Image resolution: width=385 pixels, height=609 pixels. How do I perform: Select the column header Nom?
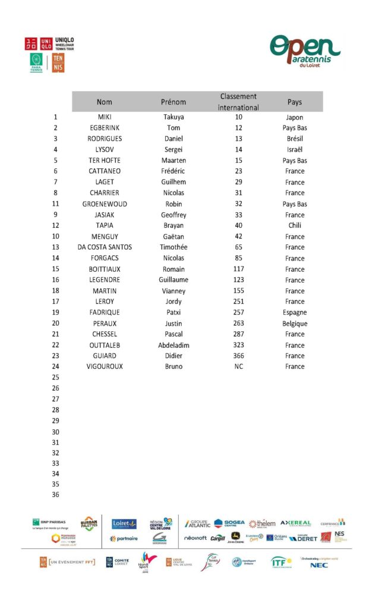[x=105, y=102]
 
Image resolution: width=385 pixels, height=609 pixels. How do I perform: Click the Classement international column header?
[x=238, y=102]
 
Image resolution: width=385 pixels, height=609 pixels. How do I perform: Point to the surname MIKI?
[x=105, y=117]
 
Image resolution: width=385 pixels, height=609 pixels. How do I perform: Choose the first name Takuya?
[x=173, y=117]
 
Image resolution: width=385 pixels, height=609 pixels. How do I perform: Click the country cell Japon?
[x=294, y=117]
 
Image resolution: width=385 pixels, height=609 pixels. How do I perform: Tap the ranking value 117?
[x=238, y=269]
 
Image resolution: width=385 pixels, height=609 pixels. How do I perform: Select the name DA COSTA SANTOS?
[x=105, y=247]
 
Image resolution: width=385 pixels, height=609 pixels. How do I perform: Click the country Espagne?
[x=294, y=312]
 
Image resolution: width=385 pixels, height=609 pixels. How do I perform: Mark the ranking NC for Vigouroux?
[x=238, y=366]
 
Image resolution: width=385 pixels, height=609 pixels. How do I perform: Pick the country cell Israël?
[x=294, y=150]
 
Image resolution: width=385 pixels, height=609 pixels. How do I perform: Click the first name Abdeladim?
[x=173, y=345]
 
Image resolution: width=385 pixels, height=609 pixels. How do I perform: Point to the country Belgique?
[x=294, y=324]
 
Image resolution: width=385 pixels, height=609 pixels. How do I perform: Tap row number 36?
[x=56, y=494]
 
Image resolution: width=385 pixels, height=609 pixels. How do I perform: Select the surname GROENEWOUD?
[x=105, y=204]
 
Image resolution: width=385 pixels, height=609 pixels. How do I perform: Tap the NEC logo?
[x=318, y=565]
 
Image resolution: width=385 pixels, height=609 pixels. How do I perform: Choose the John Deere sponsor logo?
[x=235, y=538]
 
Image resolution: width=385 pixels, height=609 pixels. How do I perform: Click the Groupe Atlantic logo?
[x=197, y=524]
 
